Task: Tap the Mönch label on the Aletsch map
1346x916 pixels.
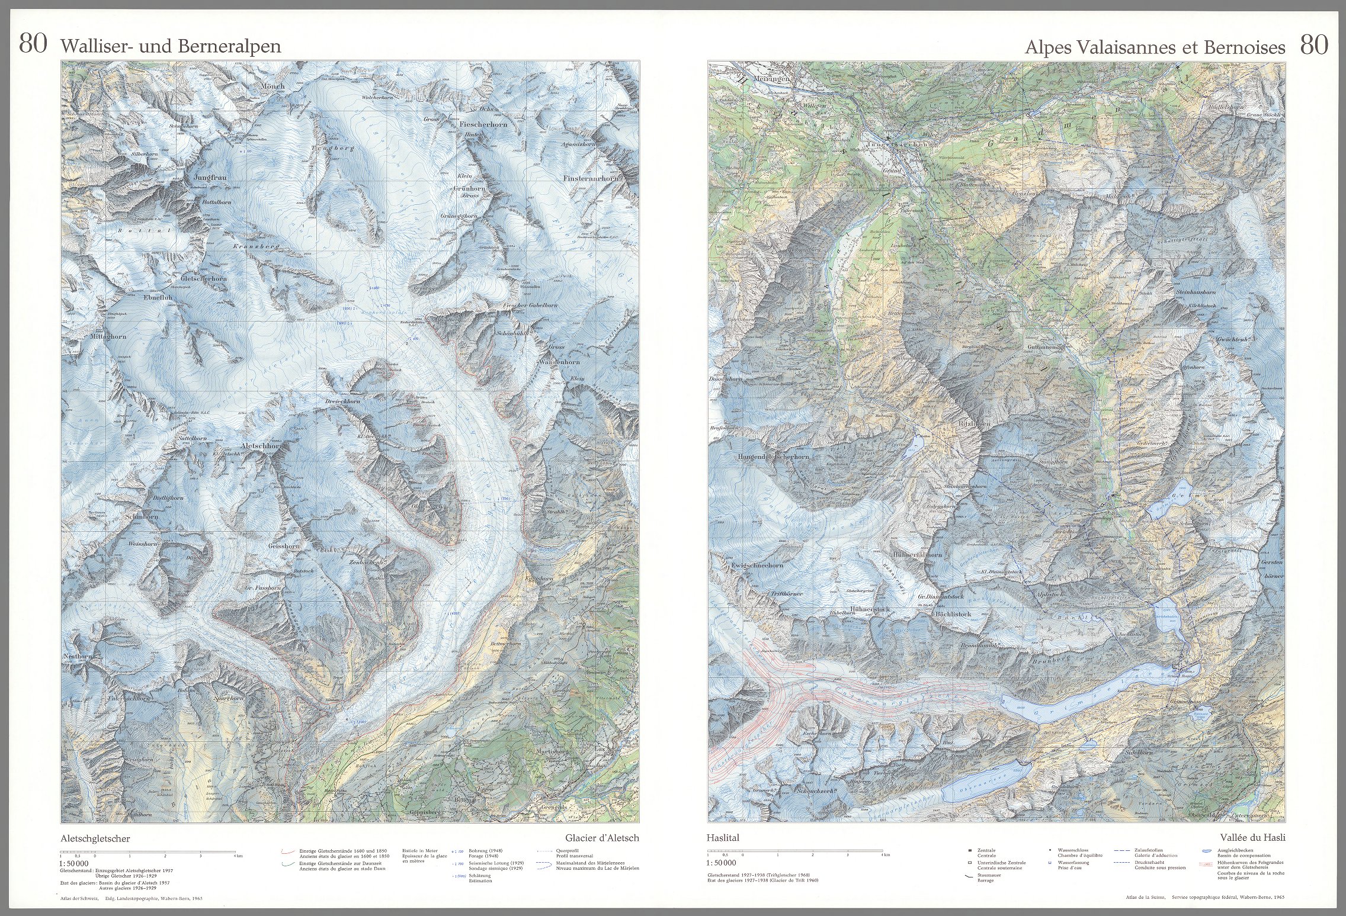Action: (273, 86)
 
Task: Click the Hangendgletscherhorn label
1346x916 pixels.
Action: (773, 457)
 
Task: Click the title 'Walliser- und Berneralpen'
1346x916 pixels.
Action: (170, 47)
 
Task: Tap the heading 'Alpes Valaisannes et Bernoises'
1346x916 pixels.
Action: (1155, 47)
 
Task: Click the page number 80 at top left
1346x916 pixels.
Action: (33, 44)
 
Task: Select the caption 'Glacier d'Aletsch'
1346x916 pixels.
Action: (602, 838)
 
